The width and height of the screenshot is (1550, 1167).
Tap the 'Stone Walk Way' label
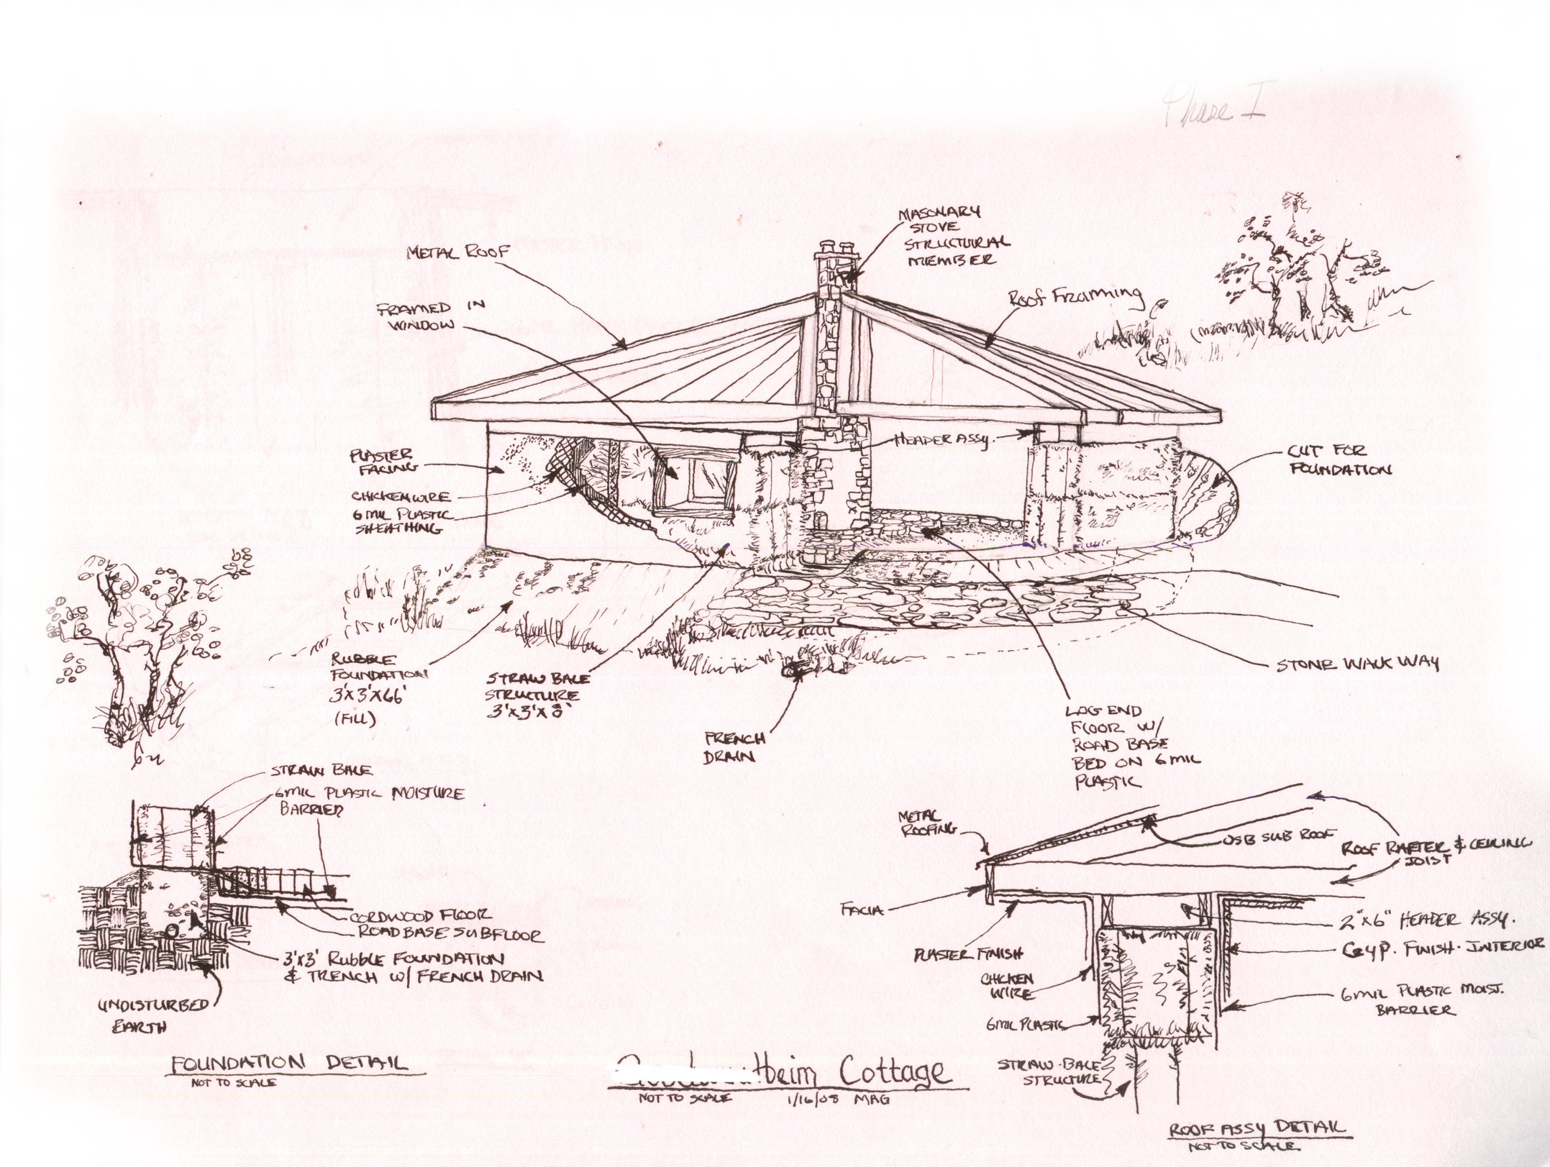1357,663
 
